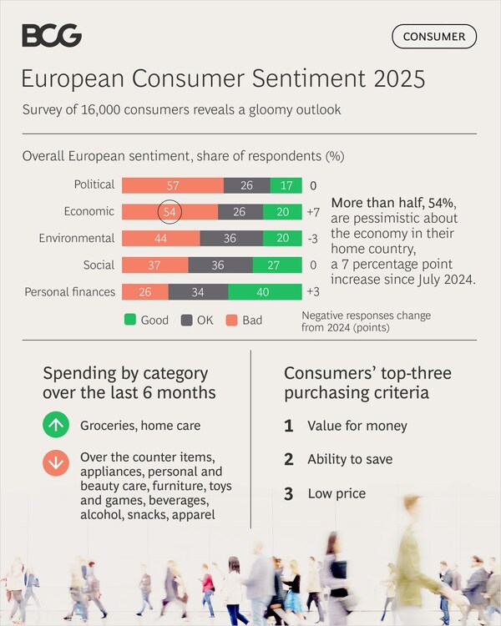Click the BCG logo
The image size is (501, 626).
tap(52, 35)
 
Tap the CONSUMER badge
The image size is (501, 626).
tap(434, 37)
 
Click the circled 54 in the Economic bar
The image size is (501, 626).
tap(170, 212)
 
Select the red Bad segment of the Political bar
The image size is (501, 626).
tap(173, 185)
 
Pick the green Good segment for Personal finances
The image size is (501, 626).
tap(265, 292)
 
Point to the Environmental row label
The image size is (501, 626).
tap(76, 239)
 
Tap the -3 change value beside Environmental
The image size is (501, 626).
tap(313, 239)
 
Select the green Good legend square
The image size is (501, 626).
tap(129, 320)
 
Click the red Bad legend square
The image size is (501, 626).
tap(230, 320)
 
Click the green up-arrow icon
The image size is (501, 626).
tap(56, 426)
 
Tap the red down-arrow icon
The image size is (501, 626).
tap(56, 462)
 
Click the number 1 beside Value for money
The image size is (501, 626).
tap(289, 426)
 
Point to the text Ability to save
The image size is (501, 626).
tap(350, 459)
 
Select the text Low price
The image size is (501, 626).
tap(337, 493)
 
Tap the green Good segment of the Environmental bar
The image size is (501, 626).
tap(283, 239)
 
